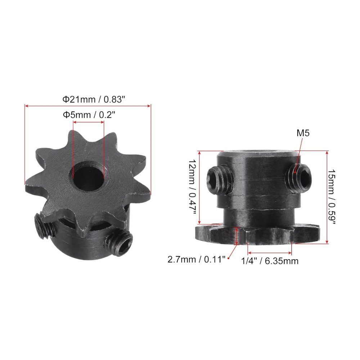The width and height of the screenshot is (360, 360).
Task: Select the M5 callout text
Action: [303, 133]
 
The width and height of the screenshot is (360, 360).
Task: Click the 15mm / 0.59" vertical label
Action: [333, 197]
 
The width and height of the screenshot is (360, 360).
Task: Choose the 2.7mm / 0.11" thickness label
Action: [196, 259]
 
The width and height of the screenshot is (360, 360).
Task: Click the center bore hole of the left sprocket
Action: [88, 175]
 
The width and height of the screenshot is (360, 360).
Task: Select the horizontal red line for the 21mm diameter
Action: [87, 106]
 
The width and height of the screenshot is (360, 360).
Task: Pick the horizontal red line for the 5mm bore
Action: [89, 122]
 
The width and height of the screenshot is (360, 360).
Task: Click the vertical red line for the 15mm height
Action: [327, 197]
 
